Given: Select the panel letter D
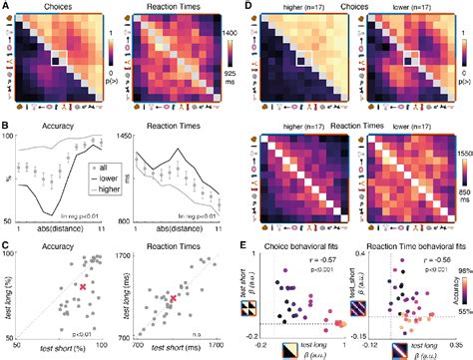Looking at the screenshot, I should pos(243,6).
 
